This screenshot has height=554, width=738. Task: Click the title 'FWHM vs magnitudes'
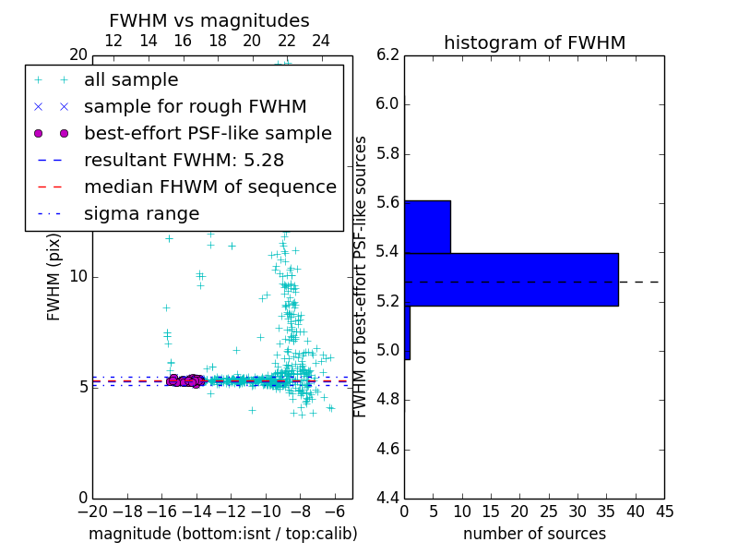click(209, 20)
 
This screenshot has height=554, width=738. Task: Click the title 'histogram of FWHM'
click(534, 42)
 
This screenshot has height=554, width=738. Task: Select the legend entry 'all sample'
click(131, 80)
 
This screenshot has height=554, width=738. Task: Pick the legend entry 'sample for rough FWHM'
click(195, 107)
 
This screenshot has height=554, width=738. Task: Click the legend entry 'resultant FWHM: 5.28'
click(192, 161)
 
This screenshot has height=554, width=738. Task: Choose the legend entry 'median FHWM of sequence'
click(209, 187)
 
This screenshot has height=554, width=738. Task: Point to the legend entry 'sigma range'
click(141, 214)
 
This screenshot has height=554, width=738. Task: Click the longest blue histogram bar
click(511, 279)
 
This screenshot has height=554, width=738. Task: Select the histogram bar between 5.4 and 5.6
click(427, 226)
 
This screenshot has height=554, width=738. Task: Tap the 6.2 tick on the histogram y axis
click(388, 54)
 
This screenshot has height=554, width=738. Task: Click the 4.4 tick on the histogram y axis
click(388, 499)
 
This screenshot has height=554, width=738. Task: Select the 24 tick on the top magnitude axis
click(321, 41)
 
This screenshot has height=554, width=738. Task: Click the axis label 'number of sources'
click(534, 534)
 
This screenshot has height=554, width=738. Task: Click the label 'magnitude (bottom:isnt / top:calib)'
click(222, 534)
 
